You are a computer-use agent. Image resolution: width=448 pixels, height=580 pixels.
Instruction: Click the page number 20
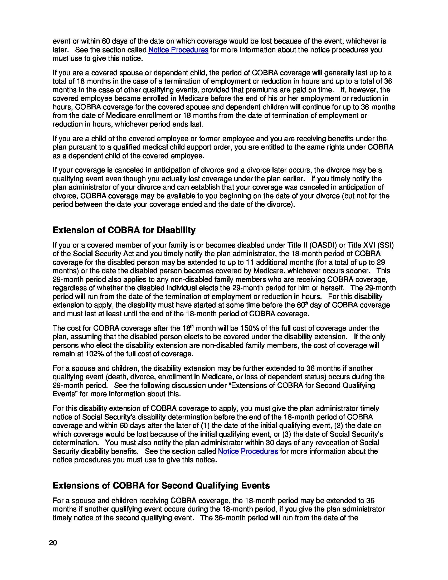pos(53,543)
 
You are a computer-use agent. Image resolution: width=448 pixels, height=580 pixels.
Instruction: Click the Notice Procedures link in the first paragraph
pos(178,50)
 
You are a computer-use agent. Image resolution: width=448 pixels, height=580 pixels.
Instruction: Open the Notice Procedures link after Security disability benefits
pos(248,451)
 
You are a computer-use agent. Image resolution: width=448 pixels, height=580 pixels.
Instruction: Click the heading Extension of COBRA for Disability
pos(124,230)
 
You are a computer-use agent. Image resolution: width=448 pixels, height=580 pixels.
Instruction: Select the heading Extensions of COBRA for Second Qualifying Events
pos(161,486)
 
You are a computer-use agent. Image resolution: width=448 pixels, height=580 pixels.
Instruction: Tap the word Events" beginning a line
pos(65,394)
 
